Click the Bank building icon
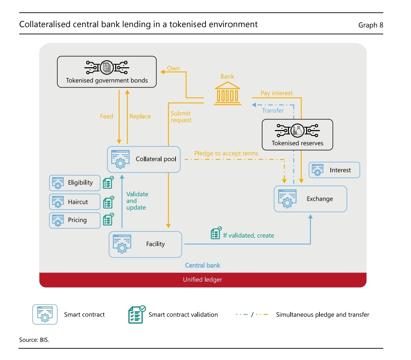pyautogui.click(x=227, y=93)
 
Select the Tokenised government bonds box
pyautogui.click(x=107, y=72)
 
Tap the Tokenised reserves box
pyautogui.click(x=297, y=135)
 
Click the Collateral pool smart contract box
pyautogui.click(x=144, y=159)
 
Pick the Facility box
pyautogui.click(x=145, y=244)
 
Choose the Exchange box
pyautogui.click(x=310, y=199)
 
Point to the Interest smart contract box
pyautogui.click(x=334, y=170)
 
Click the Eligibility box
pyautogui.click(x=75, y=183)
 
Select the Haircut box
pyautogui.click(x=75, y=202)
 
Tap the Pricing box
pyautogui.click(x=75, y=220)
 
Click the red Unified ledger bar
pyautogui.click(x=203, y=280)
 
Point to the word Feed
pyautogui.click(x=107, y=116)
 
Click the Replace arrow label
pyautogui.click(x=140, y=116)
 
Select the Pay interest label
pyautogui.click(x=277, y=93)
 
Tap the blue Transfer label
pyautogui.click(x=273, y=111)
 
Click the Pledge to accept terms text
pyautogui.click(x=226, y=153)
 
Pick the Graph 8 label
pyautogui.click(x=371, y=25)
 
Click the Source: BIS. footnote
pyautogui.click(x=34, y=340)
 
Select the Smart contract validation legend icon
pyautogui.click(x=136, y=314)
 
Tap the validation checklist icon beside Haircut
pyautogui.click(x=108, y=202)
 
